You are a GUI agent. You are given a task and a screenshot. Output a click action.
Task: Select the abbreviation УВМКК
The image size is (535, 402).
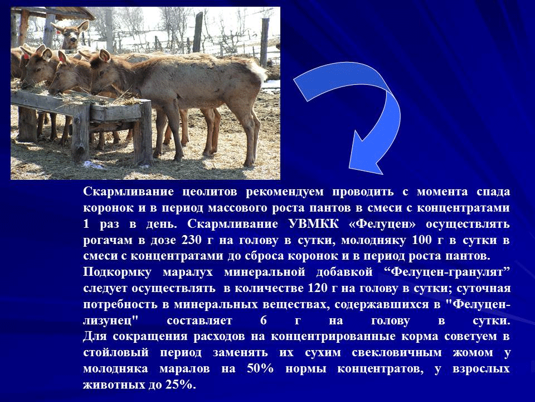point(313,224)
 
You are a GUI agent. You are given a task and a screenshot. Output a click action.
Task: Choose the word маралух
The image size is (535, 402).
point(188,272)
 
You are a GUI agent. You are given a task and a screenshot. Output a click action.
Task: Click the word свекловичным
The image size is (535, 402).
point(397,353)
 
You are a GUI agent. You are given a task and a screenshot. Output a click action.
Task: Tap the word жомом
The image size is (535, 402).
point(473,353)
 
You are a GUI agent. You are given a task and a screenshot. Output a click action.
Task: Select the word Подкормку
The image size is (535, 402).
point(118,272)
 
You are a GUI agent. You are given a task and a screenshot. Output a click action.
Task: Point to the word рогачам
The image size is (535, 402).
point(108,241)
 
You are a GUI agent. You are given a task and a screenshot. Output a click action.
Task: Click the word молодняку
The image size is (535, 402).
point(373,241)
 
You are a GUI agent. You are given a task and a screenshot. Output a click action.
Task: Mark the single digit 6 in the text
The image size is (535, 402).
point(263,320)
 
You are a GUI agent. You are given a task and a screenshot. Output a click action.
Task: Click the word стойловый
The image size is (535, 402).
point(116,353)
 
